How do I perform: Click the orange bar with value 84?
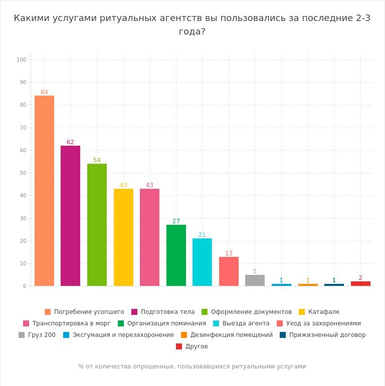44,191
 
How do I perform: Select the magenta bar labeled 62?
70,216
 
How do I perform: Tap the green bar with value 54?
97,225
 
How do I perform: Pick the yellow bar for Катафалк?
123,237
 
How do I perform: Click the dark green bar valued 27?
176,255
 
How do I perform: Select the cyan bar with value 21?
202,262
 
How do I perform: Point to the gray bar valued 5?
255,280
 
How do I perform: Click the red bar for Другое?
360,284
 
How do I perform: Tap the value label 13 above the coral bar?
229,253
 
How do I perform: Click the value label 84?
44,92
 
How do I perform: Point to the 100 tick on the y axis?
21,60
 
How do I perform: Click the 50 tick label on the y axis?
23,173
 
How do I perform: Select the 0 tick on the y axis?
24,286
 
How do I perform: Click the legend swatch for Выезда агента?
217,323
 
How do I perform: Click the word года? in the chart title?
192,31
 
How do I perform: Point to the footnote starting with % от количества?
192,366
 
